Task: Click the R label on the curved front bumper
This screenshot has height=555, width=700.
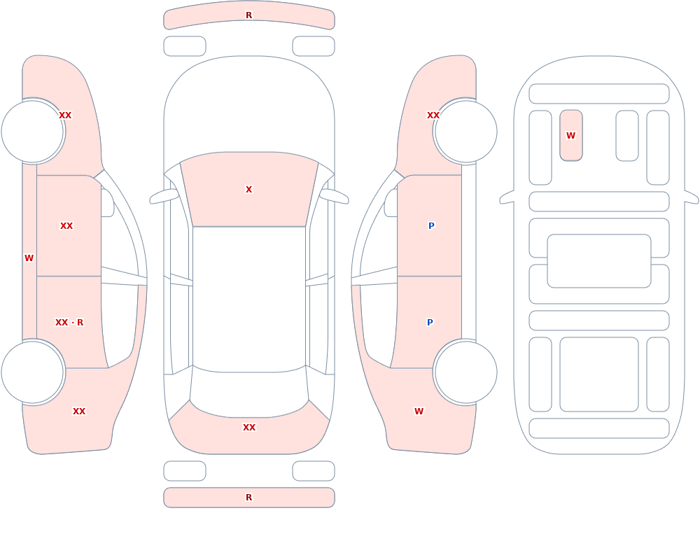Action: tap(248, 15)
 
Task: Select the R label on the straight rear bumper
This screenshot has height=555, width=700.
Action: tap(248, 498)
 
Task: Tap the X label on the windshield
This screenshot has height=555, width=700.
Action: tap(248, 190)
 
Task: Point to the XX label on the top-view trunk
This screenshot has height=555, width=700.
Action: tap(249, 428)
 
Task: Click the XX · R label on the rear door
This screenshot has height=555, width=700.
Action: tap(69, 323)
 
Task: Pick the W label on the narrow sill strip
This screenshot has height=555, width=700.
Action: tap(29, 258)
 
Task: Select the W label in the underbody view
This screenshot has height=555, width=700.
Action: tap(570, 135)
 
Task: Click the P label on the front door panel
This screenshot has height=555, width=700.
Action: tap(431, 226)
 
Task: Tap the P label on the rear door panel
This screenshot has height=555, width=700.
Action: tap(430, 323)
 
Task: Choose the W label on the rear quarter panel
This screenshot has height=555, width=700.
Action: tap(419, 412)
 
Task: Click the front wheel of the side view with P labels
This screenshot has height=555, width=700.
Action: tap(465, 132)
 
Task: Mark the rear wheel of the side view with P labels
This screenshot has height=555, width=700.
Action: tap(465, 372)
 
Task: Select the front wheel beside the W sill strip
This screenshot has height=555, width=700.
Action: tap(33, 132)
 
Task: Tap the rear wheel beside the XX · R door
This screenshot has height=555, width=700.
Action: tap(33, 372)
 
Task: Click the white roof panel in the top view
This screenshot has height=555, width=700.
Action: tap(249, 299)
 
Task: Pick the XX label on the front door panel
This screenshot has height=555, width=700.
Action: tap(66, 226)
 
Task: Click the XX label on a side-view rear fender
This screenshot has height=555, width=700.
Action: tap(79, 412)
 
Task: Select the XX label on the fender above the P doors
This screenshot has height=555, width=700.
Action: tap(433, 115)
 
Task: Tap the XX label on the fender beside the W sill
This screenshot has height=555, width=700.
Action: tap(65, 115)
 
